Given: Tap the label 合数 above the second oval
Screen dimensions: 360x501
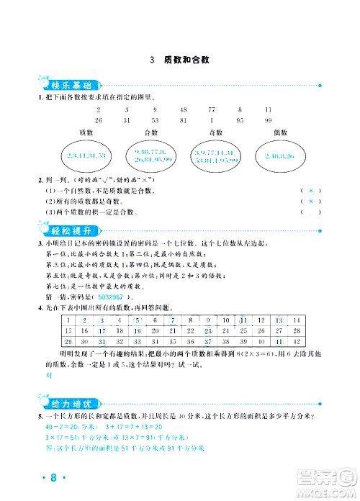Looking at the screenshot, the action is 151,133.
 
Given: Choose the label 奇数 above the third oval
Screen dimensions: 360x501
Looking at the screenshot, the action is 215,133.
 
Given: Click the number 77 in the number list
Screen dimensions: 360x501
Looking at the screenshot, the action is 212,109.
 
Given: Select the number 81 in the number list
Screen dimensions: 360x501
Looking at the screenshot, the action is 184,119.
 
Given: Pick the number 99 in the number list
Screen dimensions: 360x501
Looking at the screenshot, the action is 268,119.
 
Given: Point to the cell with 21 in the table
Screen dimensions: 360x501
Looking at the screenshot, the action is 171,331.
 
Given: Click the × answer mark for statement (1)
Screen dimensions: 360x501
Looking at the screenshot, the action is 310,190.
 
